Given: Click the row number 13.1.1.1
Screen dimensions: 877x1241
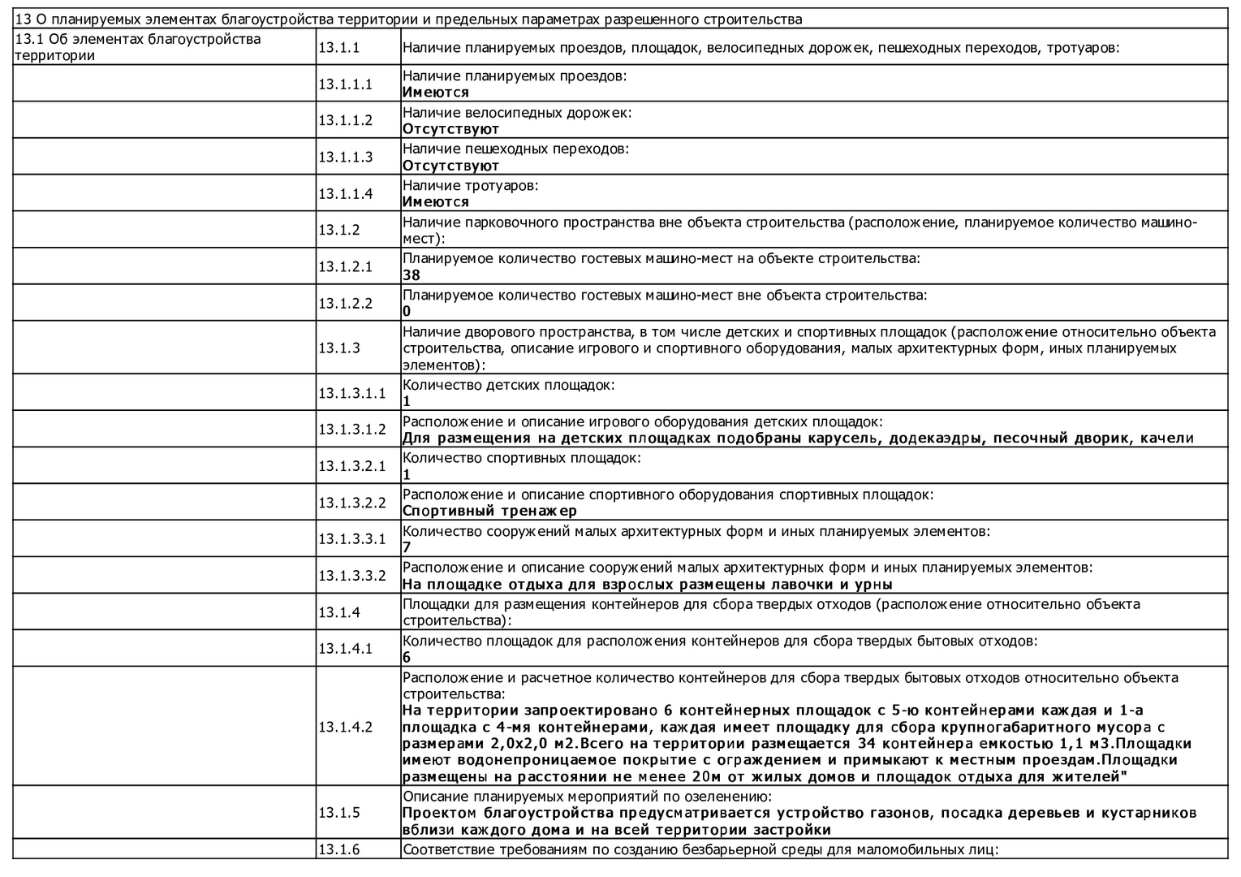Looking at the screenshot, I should click(345, 84).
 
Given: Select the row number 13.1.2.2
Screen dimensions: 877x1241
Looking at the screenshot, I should click(345, 303).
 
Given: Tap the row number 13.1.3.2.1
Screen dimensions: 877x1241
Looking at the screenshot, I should click(351, 466).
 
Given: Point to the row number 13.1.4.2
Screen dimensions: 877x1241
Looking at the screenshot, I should click(345, 727).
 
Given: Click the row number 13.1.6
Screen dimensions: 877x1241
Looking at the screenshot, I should click(338, 849).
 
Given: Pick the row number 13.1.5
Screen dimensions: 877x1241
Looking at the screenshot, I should click(338, 813).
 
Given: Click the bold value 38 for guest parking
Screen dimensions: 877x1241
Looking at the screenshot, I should click(412, 275).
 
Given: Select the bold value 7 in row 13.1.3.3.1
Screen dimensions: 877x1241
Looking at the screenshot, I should click(407, 547).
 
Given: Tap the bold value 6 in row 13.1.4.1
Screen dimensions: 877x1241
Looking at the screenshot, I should click(407, 657).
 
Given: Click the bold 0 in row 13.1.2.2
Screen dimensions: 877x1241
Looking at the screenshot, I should click(407, 311).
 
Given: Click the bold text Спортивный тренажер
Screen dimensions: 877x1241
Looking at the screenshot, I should click(489, 511).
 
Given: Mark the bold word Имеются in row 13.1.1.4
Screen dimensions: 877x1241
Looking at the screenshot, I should click(436, 201).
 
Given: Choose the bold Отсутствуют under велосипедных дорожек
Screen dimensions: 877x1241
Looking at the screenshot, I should click(450, 128).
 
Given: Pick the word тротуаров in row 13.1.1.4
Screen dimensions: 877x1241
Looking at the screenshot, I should click(501, 185).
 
